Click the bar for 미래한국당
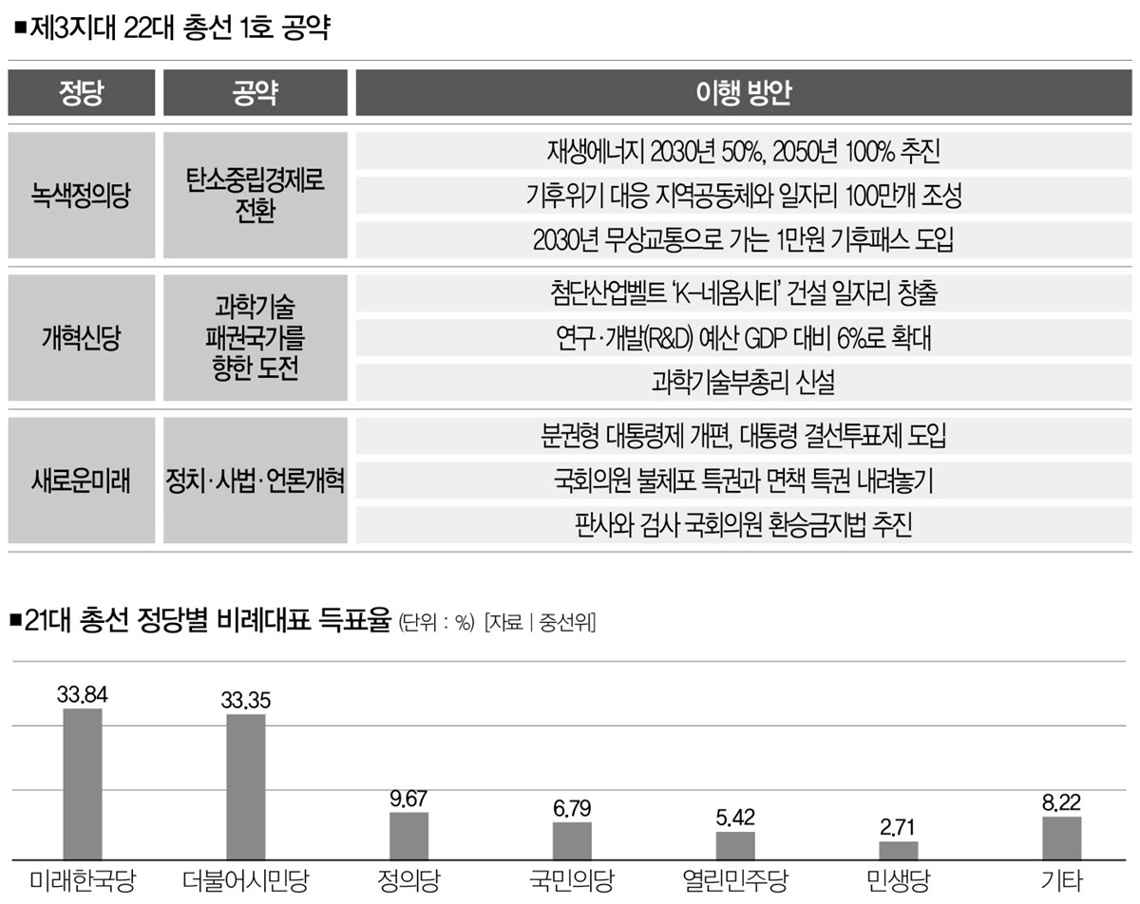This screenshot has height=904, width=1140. coord(83,782)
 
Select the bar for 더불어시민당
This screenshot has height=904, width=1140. coord(246,785)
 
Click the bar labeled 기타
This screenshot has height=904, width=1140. coord(1062,837)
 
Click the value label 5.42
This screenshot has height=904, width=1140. coord(735,818)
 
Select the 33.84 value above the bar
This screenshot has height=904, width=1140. coord(83,695)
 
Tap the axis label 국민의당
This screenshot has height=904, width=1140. coord(572,879)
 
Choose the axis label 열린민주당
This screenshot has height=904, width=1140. coord(735,879)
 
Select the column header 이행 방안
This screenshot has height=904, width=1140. coord(744,93)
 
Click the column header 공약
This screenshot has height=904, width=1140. coord(254,93)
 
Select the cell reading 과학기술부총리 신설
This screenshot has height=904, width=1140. coord(744,382)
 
